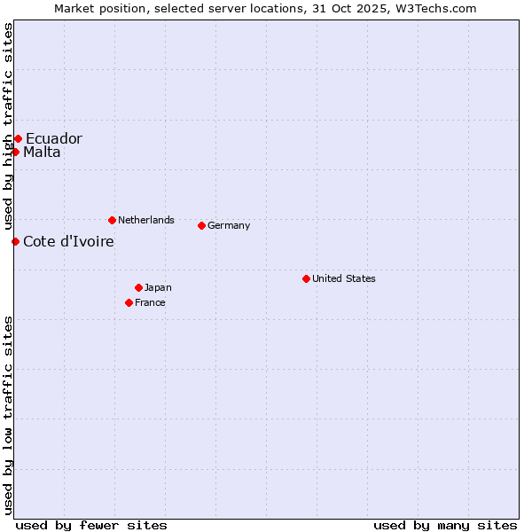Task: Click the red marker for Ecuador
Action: [18, 138]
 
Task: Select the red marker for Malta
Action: [15, 152]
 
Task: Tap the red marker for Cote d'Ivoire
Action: [15, 241]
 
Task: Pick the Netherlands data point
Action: [112, 220]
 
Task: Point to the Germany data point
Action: [201, 225]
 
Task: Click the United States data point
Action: [306, 278]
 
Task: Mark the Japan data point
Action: [138, 287]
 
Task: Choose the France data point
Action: [129, 302]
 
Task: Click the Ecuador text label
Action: [53, 138]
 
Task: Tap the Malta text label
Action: [42, 152]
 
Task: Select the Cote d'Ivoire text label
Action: [68, 241]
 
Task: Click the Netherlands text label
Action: [146, 220]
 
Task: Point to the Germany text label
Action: [229, 225]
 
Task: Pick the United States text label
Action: [344, 278]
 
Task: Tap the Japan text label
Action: [158, 287]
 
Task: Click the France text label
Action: [150, 302]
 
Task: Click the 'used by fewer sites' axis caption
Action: [91, 525]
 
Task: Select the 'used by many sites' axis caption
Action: [445, 525]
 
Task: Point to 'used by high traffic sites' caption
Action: [8, 126]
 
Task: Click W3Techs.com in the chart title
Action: [435, 8]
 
